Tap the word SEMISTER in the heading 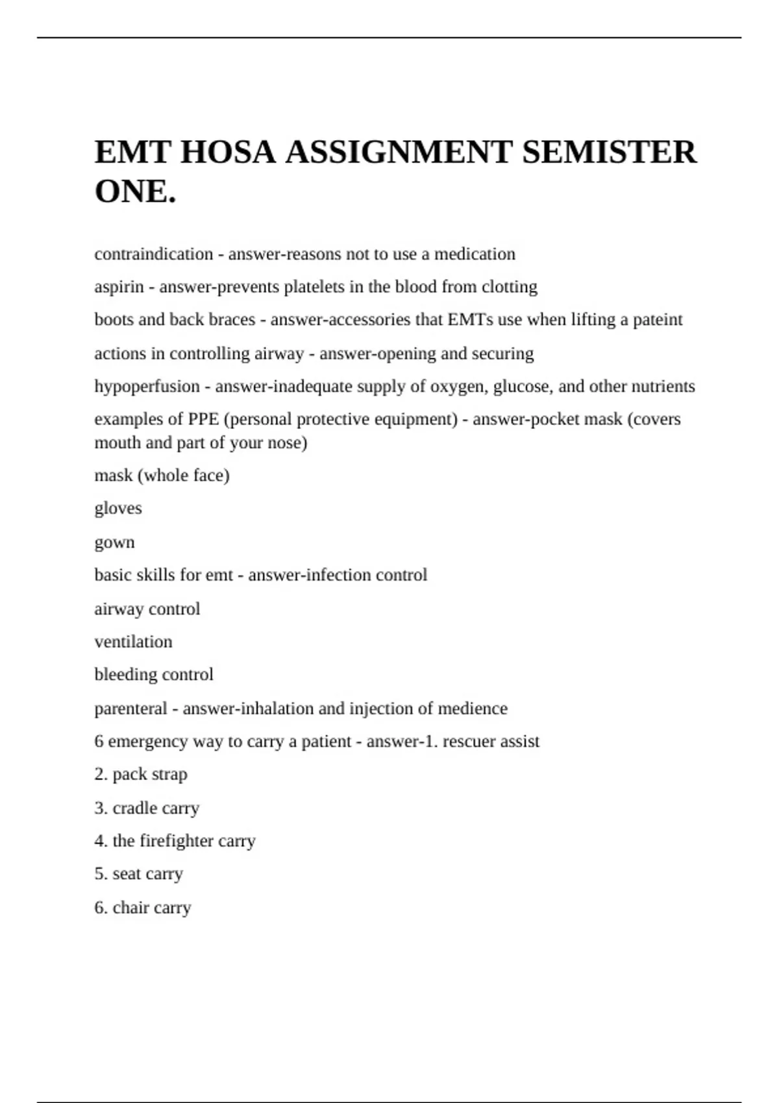coord(609,152)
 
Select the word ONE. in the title coord(135,191)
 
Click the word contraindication coord(153,254)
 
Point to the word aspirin coord(119,287)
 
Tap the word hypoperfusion coord(147,386)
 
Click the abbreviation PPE coord(203,419)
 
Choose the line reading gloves coord(117,508)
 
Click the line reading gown coord(114,542)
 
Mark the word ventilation coord(133,642)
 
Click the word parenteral coord(130,709)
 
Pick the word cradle coord(131,808)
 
